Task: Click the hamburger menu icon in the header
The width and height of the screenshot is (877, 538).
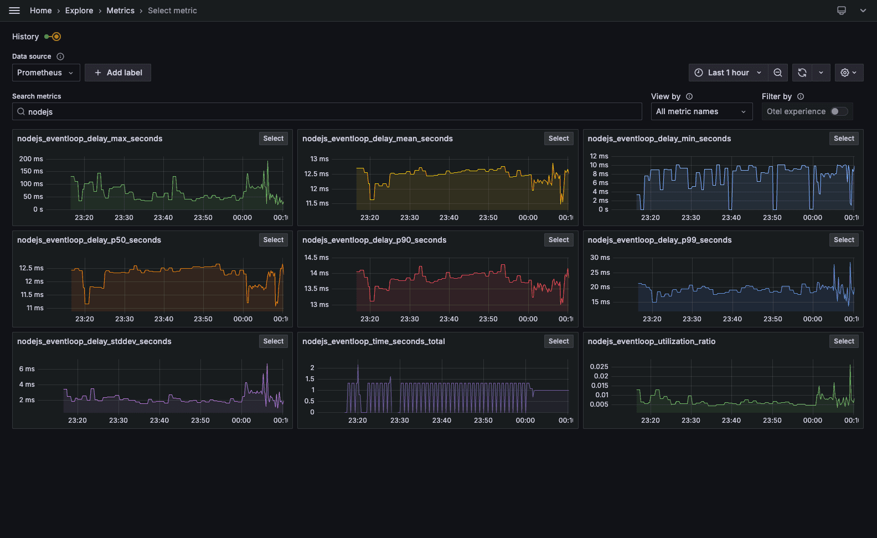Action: pos(14,11)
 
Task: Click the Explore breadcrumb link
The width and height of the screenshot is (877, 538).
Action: pos(79,11)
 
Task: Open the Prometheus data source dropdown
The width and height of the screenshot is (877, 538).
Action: pos(46,73)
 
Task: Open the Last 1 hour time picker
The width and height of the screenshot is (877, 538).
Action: pos(728,73)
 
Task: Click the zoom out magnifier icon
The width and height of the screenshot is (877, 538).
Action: pos(778,73)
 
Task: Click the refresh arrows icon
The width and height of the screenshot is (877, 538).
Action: pos(802,73)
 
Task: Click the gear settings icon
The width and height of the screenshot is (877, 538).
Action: pos(845,73)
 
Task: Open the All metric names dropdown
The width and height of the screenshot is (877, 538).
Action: pos(701,111)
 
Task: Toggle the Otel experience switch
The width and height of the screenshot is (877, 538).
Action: pos(839,111)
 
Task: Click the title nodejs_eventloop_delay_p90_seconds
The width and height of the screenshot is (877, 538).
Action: pos(374,240)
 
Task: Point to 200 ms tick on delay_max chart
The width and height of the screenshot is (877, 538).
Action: pos(31,159)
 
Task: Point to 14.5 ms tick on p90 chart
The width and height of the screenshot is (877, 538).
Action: pos(316,258)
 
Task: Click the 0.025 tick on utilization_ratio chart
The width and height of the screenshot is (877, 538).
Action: pos(599,367)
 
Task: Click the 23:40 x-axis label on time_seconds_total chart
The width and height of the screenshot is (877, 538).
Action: pos(441,421)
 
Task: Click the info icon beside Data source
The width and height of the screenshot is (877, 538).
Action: pos(60,57)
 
